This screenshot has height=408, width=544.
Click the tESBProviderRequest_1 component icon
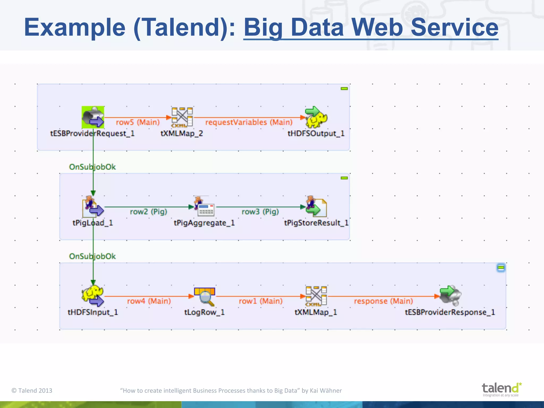(x=93, y=117)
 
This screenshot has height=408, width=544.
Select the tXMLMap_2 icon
(x=182, y=117)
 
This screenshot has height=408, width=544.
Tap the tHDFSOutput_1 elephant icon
(x=316, y=117)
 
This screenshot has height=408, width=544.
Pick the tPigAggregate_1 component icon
(x=204, y=207)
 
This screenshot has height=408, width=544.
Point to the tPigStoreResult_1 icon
(x=316, y=207)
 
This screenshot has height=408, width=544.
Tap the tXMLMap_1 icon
(x=316, y=296)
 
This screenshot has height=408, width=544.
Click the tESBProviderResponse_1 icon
(x=450, y=296)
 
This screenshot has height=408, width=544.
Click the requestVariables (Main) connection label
(x=249, y=122)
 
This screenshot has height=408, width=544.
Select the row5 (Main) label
(x=138, y=122)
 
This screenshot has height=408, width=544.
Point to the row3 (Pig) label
(x=260, y=212)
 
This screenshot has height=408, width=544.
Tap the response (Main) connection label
(x=383, y=301)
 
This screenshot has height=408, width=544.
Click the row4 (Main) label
(x=149, y=301)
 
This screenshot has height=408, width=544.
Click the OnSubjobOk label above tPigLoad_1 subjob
(x=92, y=167)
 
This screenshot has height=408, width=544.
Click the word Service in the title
(x=454, y=27)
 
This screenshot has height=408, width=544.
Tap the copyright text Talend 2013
(x=32, y=390)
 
